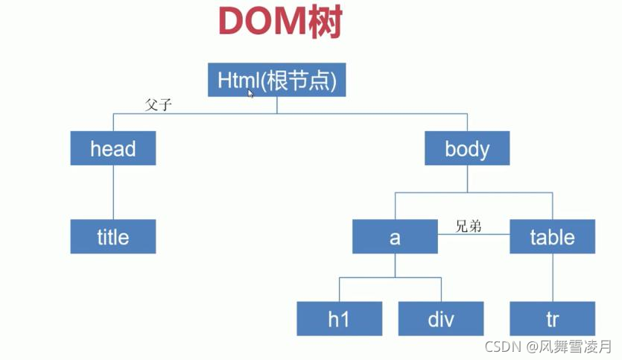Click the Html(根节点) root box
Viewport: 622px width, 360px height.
276,80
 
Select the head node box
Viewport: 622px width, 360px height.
113,148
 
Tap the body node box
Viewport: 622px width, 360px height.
467,148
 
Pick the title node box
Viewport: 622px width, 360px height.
113,236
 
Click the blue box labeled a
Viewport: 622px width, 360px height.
395,236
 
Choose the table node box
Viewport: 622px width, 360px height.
552,236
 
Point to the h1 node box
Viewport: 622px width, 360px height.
339,318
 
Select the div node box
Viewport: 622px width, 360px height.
440,318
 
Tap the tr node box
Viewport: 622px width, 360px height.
552,318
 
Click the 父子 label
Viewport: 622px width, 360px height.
159,105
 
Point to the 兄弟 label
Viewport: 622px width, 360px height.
469,226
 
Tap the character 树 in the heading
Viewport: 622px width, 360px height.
326,23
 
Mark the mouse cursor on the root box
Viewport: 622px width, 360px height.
251,93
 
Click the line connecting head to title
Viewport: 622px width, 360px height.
113,192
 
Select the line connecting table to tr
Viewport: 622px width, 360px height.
552,277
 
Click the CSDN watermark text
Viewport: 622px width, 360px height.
501,347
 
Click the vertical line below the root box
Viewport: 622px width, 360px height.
277,105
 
